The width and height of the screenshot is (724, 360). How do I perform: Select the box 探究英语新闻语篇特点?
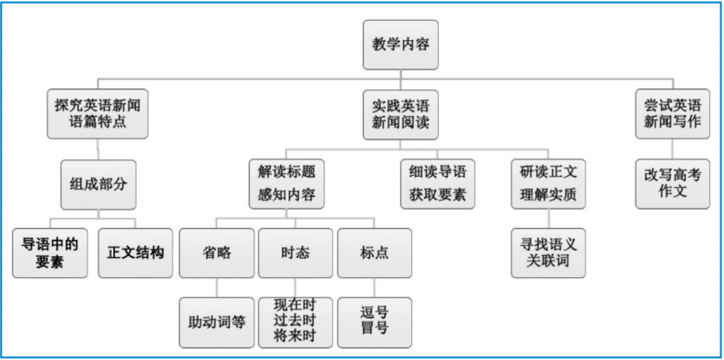97,113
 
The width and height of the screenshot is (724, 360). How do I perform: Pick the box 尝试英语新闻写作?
672,113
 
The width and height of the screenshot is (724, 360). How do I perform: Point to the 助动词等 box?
215,322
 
